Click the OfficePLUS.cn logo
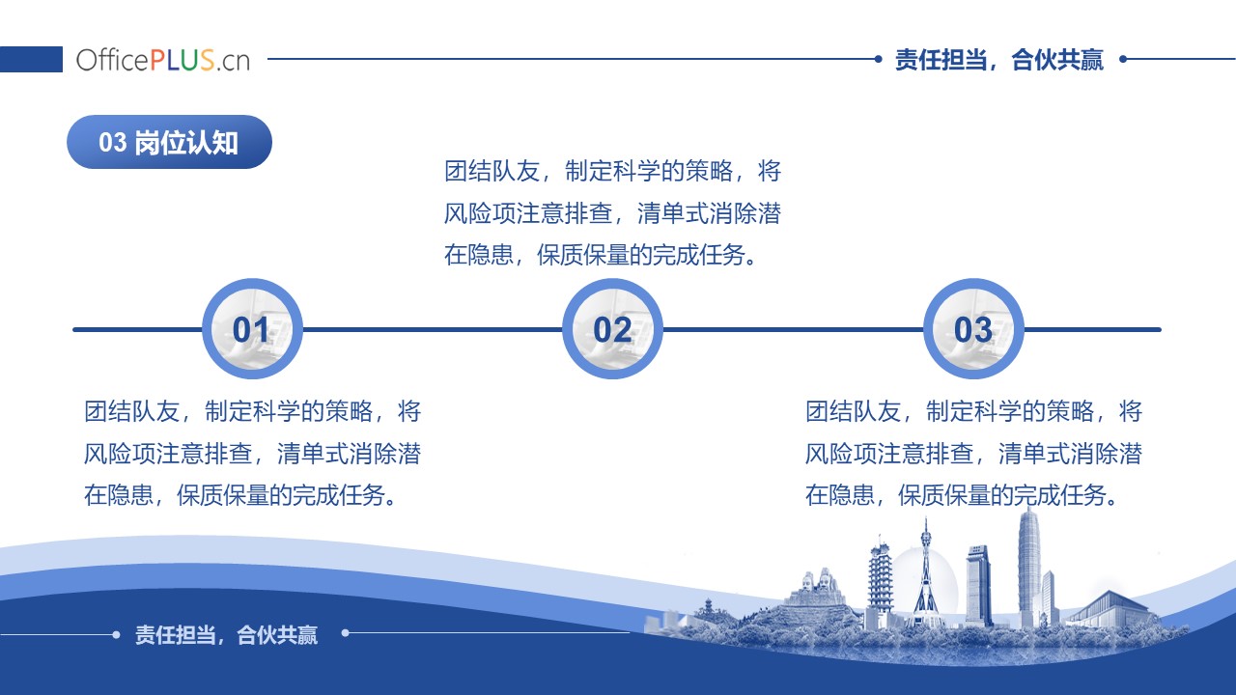pyautogui.click(x=163, y=60)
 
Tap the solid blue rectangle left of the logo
pyautogui.click(x=31, y=59)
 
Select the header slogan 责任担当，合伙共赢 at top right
pyautogui.click(x=998, y=60)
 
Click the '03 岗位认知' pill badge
pyautogui.click(x=169, y=142)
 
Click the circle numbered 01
pyautogui.click(x=252, y=329)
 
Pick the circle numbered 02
pyautogui.click(x=612, y=329)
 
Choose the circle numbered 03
pyautogui.click(x=973, y=329)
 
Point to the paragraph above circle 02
pyautogui.click(x=612, y=213)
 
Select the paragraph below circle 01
pyautogui.click(x=252, y=454)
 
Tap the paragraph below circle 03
pyautogui.click(x=973, y=454)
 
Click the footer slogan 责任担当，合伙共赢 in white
pyautogui.click(x=226, y=635)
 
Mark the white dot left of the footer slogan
pyautogui.click(x=116, y=635)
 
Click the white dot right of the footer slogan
pyautogui.click(x=346, y=632)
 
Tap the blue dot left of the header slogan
pyautogui.click(x=879, y=59)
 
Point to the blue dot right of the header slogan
pyautogui.click(x=1123, y=59)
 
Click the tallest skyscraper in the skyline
pyautogui.click(x=1029, y=569)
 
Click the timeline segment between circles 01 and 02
pyautogui.click(x=433, y=330)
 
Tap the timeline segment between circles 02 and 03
pyautogui.click(x=793, y=330)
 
